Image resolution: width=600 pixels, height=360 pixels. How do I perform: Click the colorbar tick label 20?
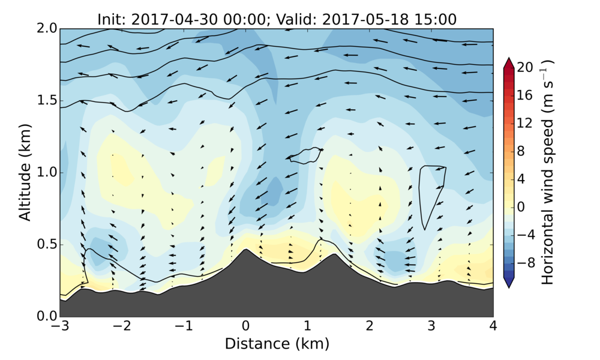526,68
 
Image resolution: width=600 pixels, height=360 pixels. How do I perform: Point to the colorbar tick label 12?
526,123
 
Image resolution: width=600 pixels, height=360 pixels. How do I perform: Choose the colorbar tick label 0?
521,206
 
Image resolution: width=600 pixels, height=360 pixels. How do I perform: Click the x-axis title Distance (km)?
277,344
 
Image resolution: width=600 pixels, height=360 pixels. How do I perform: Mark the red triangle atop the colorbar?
509,62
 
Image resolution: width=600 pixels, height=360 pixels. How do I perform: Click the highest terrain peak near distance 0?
245,250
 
